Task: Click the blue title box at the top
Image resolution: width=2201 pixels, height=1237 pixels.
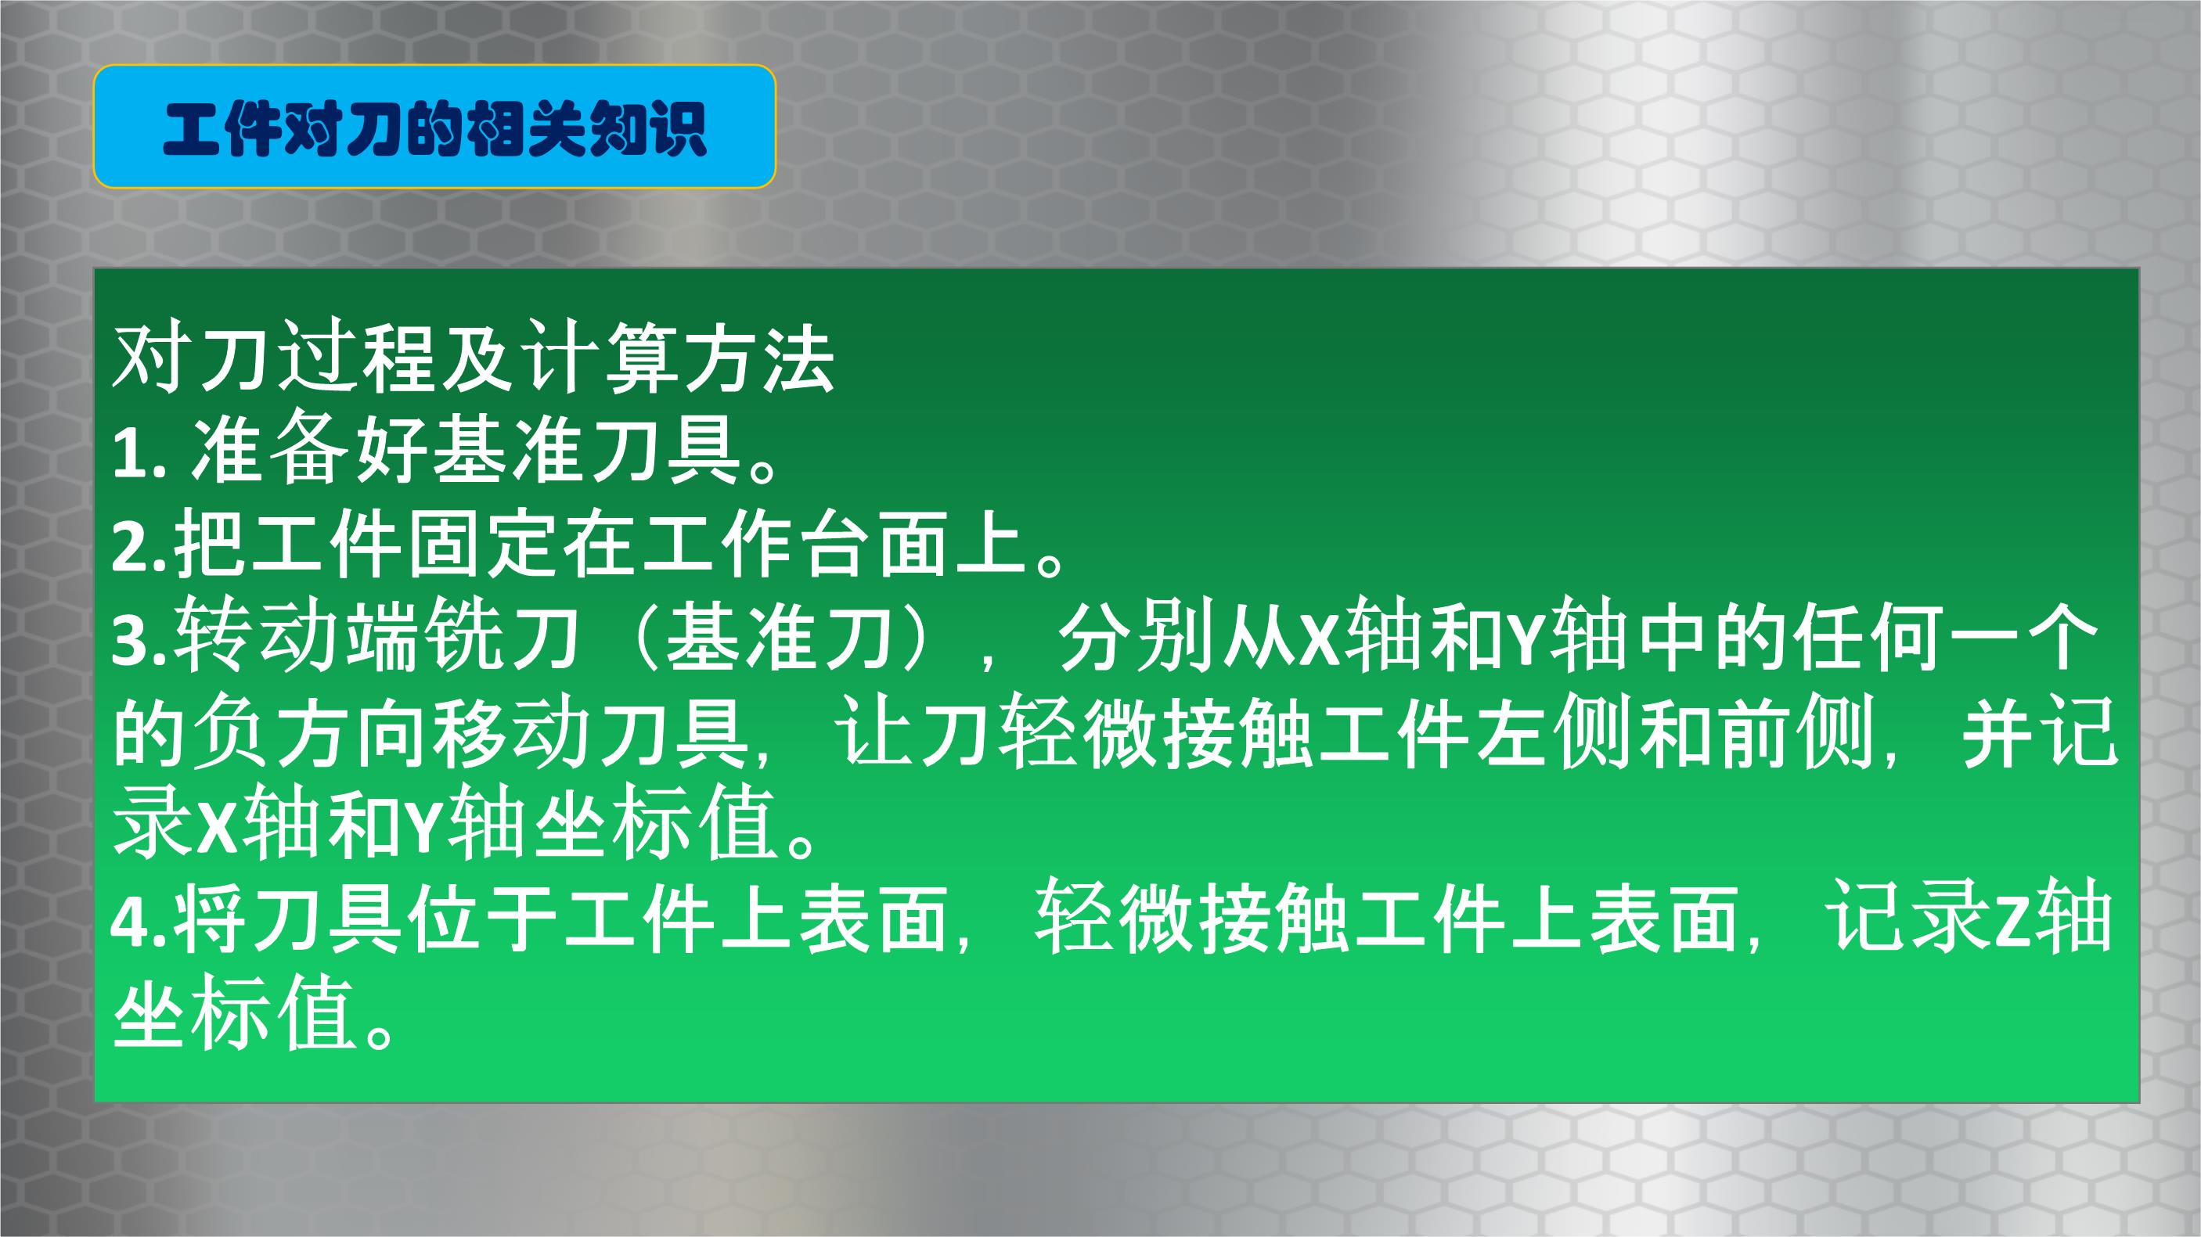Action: [x=434, y=127]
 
